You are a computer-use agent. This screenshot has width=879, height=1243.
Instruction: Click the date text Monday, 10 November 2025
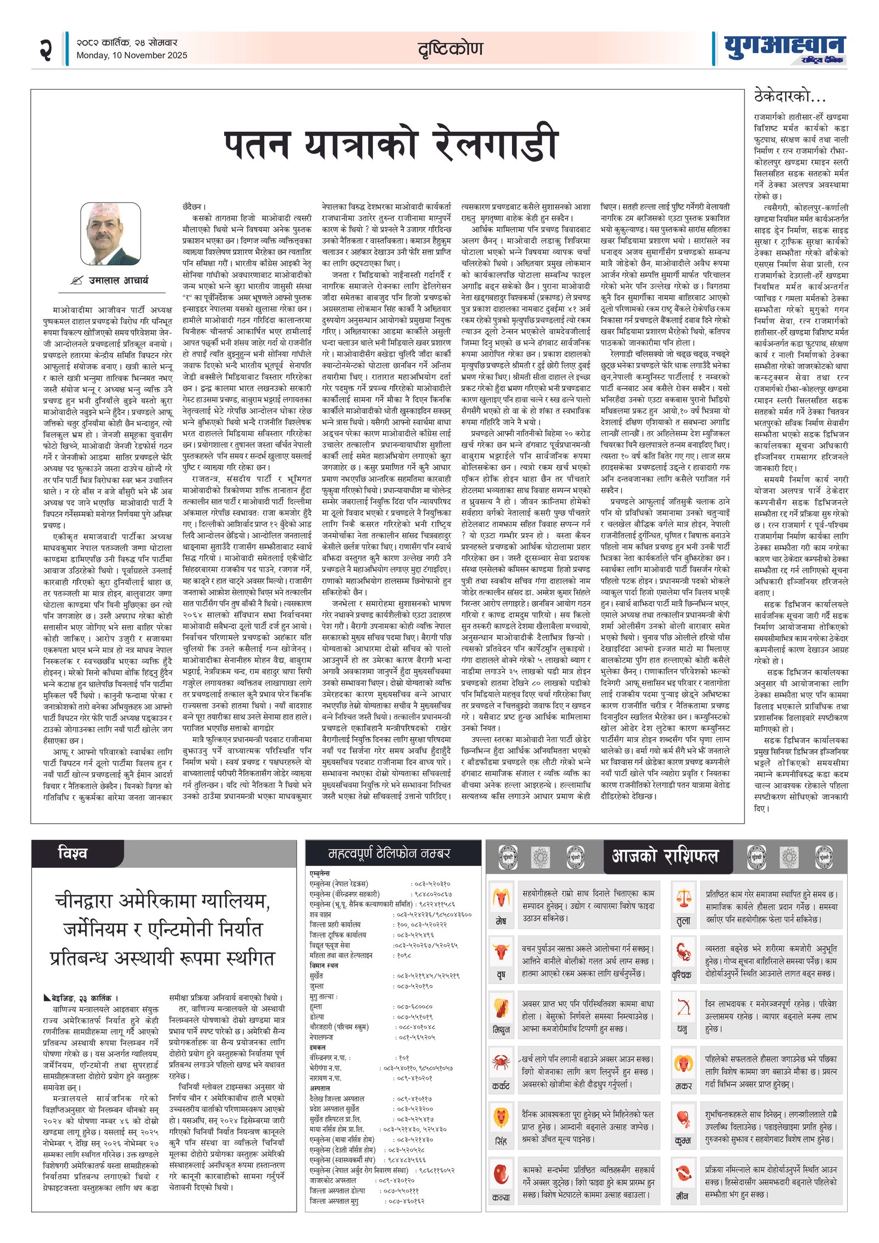click(132, 55)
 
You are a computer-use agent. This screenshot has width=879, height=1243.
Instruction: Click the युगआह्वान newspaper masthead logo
click(784, 48)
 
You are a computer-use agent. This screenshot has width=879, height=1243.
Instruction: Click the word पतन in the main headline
click(257, 144)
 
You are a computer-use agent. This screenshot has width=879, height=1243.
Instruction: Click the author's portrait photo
click(110, 234)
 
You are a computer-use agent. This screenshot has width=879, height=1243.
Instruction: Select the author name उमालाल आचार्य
click(118, 281)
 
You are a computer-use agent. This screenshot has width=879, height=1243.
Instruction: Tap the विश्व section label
click(73, 853)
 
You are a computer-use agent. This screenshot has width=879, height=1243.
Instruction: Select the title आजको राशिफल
click(665, 856)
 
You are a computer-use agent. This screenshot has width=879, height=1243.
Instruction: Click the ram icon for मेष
click(500, 898)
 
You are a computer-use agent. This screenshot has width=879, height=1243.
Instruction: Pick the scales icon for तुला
click(683, 898)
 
